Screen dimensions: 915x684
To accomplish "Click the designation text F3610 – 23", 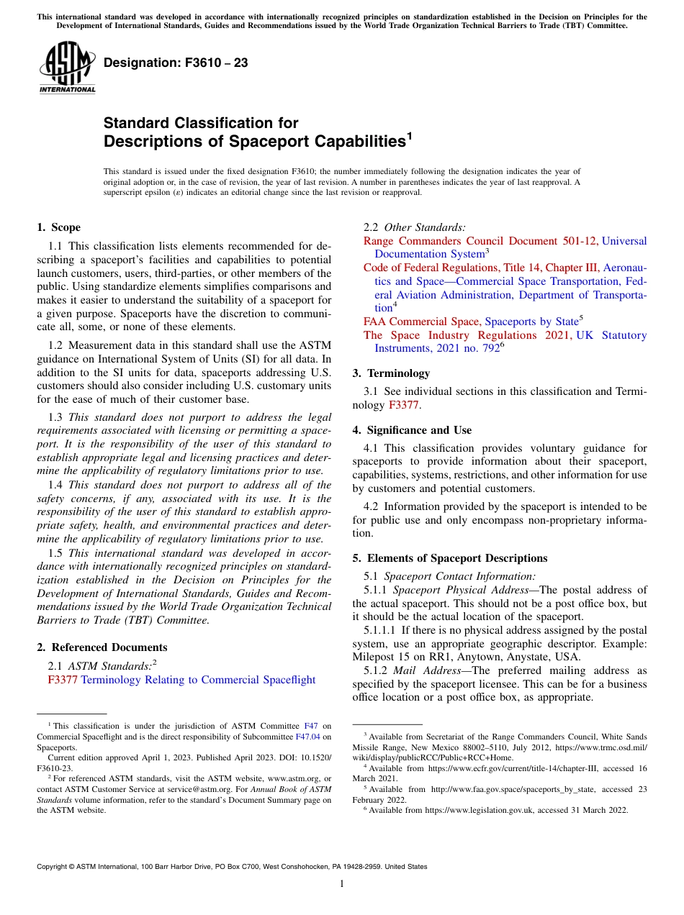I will pyautogui.click(x=176, y=63).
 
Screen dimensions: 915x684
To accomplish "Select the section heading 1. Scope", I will pyautogui.click(x=58, y=227).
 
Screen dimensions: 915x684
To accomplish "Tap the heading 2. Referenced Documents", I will pyautogui.click(x=102, y=647).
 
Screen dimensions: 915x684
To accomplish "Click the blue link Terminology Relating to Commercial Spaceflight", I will pyautogui.click(x=198, y=680).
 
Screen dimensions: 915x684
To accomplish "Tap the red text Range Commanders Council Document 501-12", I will pyautogui.click(x=480, y=241).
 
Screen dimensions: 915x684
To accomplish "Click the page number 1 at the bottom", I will pyautogui.click(x=342, y=884).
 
